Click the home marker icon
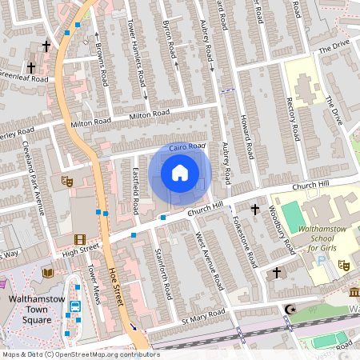(180, 172)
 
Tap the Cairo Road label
(187, 146)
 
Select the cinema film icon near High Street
(79, 238)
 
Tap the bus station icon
(75, 306)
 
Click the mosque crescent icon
(290, 310)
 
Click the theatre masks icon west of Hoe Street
(67, 182)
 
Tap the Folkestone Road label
(243, 241)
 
